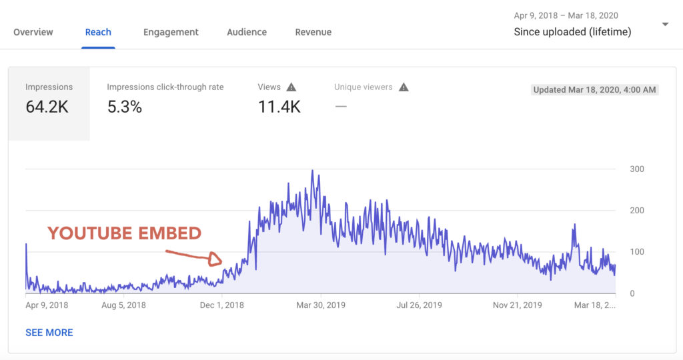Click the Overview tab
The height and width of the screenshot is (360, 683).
point(33,32)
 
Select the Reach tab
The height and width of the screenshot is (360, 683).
point(98,32)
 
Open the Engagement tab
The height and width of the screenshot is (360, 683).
point(171,32)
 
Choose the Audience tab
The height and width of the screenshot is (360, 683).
point(247,32)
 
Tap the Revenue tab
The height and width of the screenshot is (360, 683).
point(313,32)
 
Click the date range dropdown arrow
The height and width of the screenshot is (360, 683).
point(665,25)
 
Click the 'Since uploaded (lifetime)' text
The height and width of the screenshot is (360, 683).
point(572,32)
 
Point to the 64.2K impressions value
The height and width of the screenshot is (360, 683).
point(47,107)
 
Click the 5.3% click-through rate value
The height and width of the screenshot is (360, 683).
point(125,107)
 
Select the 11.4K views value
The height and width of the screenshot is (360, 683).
point(279,107)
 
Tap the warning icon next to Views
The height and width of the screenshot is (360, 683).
point(291,87)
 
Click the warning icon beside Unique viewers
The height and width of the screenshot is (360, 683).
point(404,87)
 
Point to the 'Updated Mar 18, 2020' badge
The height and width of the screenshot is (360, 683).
point(595,90)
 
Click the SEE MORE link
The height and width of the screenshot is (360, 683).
point(49,333)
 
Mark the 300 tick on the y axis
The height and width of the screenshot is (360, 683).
point(637,169)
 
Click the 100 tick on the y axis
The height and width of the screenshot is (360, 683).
point(637,252)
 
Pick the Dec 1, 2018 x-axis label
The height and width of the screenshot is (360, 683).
point(222,305)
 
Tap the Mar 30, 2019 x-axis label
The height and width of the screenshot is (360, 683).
point(321,305)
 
